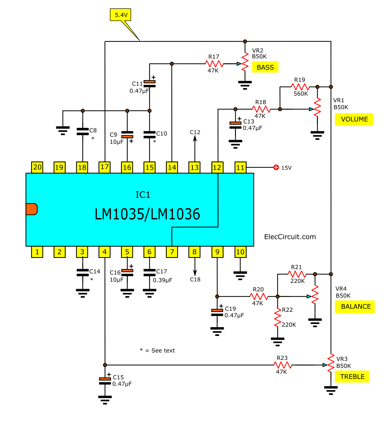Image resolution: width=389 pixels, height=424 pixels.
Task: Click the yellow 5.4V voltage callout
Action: click(x=121, y=15)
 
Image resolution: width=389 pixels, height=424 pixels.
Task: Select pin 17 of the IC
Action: click(x=105, y=167)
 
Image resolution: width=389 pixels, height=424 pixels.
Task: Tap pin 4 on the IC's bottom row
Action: click(x=105, y=252)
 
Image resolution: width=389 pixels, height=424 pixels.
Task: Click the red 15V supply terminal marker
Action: click(x=276, y=168)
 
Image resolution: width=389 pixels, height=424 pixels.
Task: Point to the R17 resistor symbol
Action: click(x=214, y=64)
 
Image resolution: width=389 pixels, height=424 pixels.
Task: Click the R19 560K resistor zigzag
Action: click(x=300, y=87)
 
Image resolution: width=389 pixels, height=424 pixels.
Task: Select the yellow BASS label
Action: click(x=265, y=67)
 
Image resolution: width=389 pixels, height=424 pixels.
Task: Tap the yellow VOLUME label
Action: click(x=354, y=119)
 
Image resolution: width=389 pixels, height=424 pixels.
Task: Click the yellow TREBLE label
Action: click(x=352, y=377)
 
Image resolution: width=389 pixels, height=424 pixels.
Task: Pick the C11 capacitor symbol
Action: click(x=149, y=84)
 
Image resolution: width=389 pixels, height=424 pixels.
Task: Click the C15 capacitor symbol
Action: click(x=105, y=381)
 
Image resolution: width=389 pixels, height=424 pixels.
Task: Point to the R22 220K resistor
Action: click(x=277, y=318)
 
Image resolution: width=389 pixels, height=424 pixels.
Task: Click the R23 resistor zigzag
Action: click(x=283, y=365)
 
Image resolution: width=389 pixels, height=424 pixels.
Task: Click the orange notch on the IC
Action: click(x=32, y=209)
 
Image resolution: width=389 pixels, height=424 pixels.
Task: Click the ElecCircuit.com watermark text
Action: click(x=290, y=237)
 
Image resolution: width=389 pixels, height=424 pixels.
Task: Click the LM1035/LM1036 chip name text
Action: click(x=147, y=214)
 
